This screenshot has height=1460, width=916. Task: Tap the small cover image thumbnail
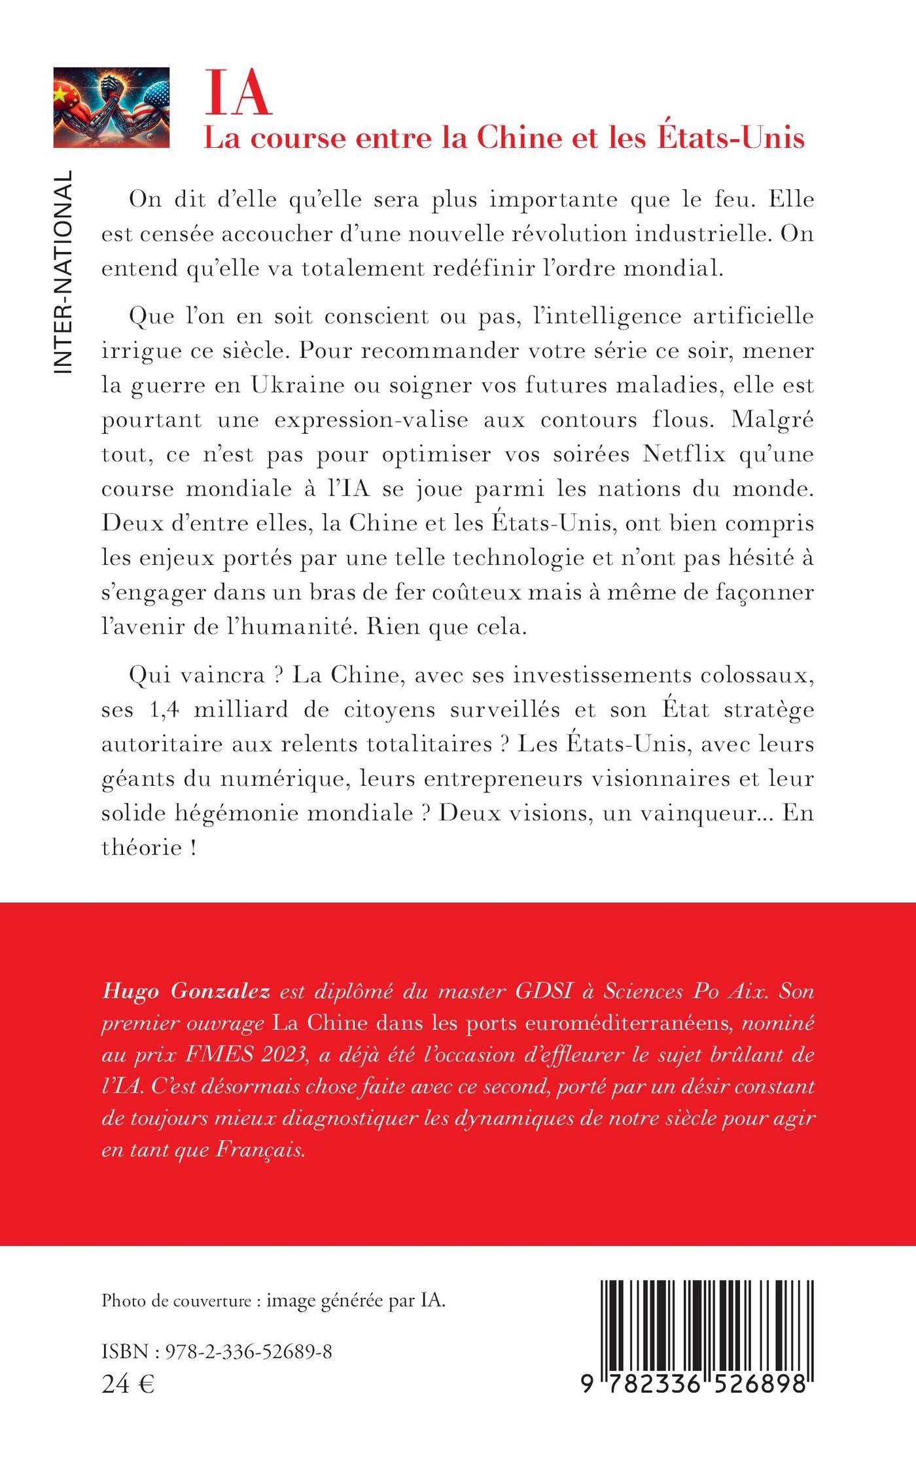[111, 107]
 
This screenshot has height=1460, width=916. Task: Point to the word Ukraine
[298, 385]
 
